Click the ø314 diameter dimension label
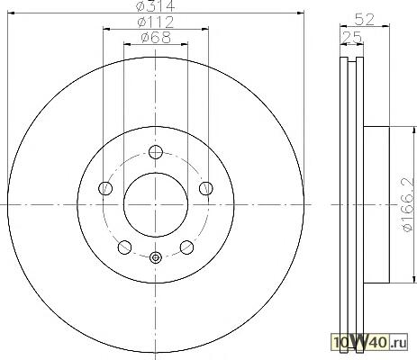pos(155,6)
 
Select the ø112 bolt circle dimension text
pos(156,22)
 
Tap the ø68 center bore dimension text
pos(156,38)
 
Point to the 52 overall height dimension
pos(365,20)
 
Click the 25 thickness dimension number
pos(352,37)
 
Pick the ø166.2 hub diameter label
pos(407,205)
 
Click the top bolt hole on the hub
pos(156,152)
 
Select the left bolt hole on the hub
pos(105,188)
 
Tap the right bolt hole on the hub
pos(206,188)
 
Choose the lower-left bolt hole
pos(125,247)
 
